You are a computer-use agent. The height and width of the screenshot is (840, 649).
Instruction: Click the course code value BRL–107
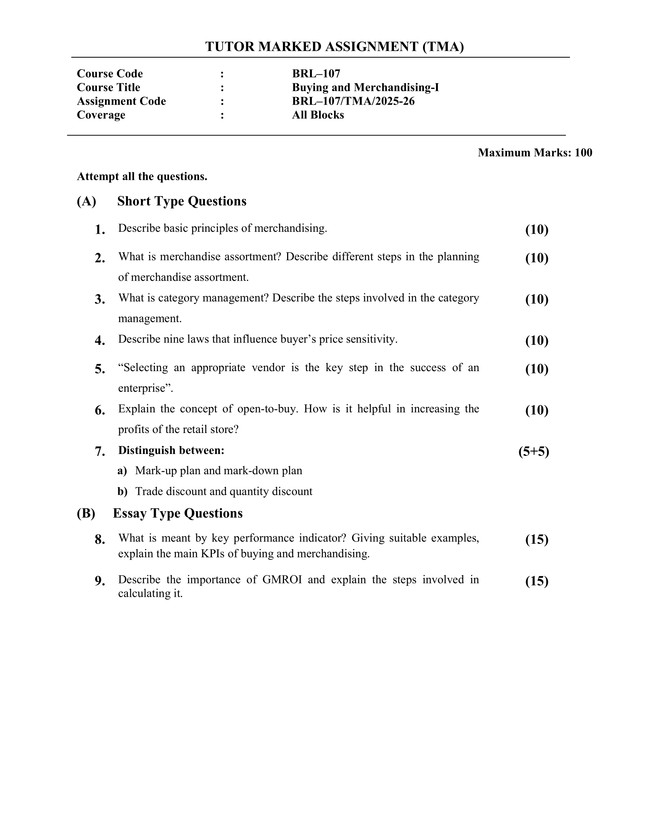pos(316,73)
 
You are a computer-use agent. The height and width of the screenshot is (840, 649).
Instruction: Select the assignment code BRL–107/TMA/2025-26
pos(353,101)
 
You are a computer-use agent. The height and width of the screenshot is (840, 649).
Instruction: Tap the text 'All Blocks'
pos(318,115)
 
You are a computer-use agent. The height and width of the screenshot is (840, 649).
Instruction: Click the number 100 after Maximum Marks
pos(583,153)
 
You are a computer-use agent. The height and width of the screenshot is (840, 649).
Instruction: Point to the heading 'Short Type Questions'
pos(181,201)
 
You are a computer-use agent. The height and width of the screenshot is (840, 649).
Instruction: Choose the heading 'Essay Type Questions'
pos(178,514)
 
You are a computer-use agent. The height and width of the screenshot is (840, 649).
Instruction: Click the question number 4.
pos(100,341)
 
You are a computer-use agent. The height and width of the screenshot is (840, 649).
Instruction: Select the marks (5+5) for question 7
pos(534,451)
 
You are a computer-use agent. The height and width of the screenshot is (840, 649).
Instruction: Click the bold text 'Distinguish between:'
pos(171,451)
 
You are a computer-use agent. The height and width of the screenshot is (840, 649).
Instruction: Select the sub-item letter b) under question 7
pos(122,491)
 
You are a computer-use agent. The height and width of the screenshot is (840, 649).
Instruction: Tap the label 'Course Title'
pos(108,87)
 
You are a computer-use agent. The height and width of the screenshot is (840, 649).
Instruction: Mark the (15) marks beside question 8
pos(537,540)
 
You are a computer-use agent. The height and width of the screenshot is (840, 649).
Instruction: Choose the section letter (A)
pos(86,201)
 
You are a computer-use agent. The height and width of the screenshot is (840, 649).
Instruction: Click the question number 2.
pos(100,258)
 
